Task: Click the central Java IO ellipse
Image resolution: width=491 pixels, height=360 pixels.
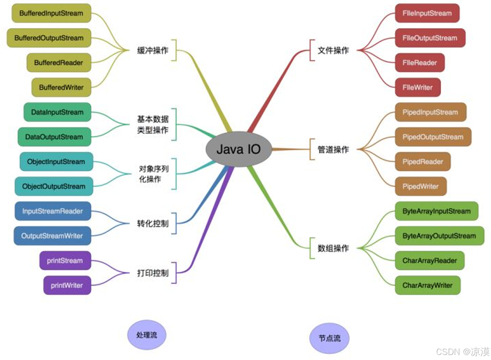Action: [x=238, y=149]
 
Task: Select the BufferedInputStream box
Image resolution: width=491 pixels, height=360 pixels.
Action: [x=51, y=13]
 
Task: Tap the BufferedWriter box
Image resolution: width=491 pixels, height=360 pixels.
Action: [x=61, y=87]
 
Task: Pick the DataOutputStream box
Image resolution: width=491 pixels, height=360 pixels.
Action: [x=54, y=137]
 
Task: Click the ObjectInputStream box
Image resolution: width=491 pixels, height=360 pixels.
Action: [x=56, y=162]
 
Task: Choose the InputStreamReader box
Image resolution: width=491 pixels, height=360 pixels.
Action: [x=53, y=211]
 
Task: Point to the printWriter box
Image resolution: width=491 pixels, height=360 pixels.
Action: [x=67, y=285]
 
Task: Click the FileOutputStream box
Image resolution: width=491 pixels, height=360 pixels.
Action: [x=430, y=38]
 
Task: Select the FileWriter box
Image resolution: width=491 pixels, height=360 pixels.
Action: [x=418, y=87]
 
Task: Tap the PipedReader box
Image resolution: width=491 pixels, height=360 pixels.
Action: [x=423, y=162]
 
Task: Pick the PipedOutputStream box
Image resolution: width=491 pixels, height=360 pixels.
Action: [x=433, y=137]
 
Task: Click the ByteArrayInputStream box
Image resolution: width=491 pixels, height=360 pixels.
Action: [x=436, y=211]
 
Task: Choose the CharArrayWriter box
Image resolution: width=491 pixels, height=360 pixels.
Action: [x=428, y=285]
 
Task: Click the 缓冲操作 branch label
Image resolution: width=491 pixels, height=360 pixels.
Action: [x=153, y=50]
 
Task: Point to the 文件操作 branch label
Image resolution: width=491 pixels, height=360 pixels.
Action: [x=333, y=50]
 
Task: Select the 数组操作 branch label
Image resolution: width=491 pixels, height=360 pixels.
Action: [x=333, y=248]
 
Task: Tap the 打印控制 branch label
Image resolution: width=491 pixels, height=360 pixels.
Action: [x=153, y=273]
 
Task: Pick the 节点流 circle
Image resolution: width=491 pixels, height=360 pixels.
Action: [x=330, y=338]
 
